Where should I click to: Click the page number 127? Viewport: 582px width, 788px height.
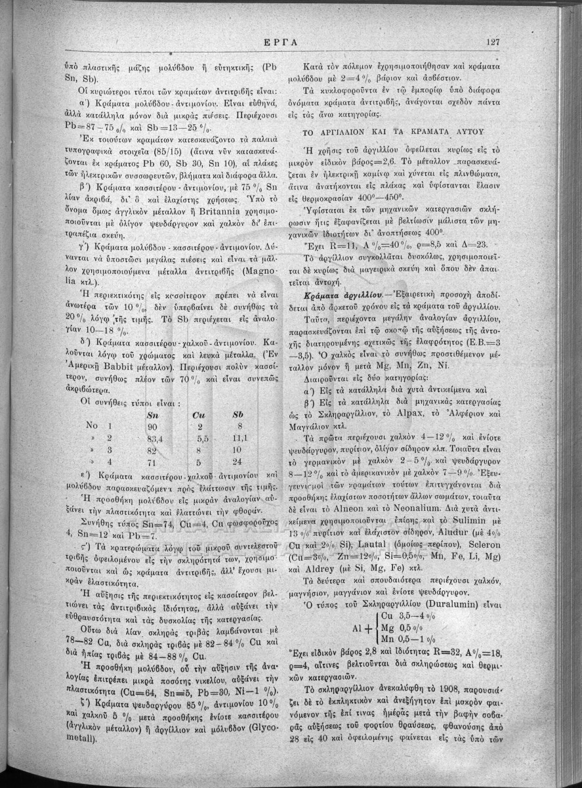(493, 41)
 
